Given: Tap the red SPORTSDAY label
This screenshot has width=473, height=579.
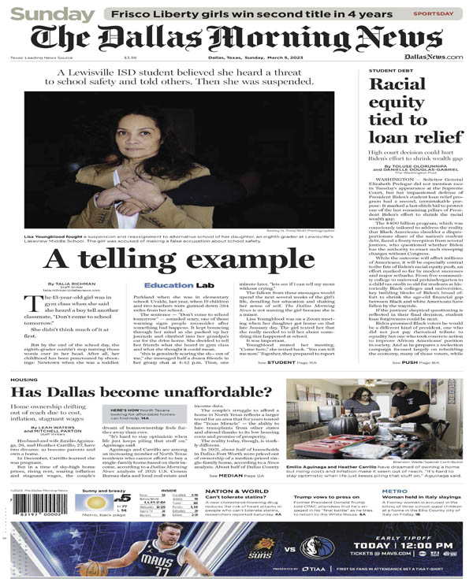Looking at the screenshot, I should coord(433,13).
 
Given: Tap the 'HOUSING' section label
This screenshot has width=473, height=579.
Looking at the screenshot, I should coord(23,380).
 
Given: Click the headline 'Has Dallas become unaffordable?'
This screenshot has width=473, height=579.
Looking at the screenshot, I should coord(139,392).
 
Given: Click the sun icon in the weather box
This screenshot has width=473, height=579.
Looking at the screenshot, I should coord(95,502).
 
